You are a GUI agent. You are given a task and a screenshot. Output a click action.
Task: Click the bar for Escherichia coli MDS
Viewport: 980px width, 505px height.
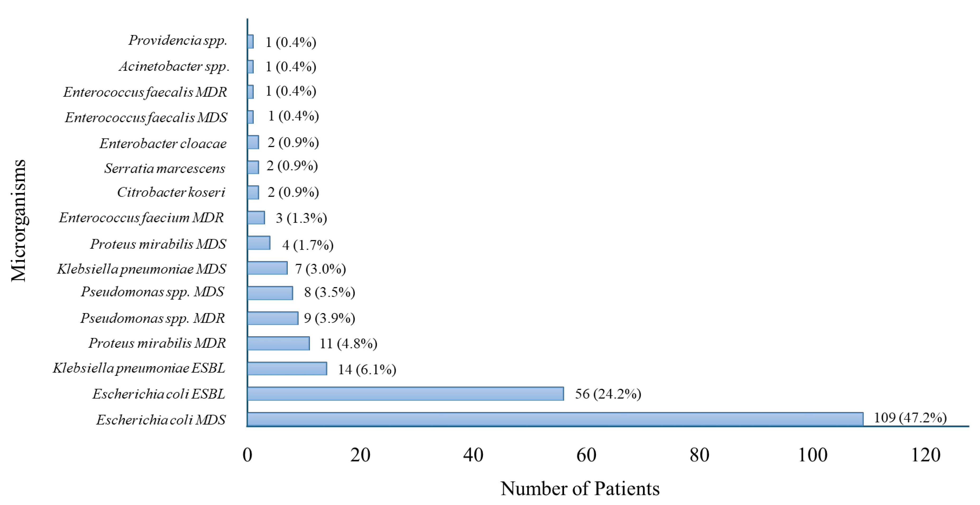coord(555,419)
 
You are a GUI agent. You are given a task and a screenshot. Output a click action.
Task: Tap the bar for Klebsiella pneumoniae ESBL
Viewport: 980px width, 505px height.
coord(287,368)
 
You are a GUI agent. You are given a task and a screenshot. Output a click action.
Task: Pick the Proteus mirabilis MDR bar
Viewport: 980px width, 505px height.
coord(278,343)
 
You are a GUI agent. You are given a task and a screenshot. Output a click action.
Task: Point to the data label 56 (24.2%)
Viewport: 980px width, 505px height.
coord(608,394)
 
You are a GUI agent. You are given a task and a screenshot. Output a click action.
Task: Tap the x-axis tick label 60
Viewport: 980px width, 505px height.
coord(586,455)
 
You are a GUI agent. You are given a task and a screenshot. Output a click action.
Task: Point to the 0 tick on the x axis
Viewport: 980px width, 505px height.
coord(247,455)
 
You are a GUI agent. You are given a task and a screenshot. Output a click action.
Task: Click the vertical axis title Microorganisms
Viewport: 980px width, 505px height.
coord(18,221)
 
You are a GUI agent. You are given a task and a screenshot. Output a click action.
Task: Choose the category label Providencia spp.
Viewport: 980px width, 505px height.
coord(178,40)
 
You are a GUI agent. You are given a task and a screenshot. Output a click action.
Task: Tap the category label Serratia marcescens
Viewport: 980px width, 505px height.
coord(165,168)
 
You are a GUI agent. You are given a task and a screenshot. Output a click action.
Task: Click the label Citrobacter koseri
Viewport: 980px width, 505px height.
coord(171,192)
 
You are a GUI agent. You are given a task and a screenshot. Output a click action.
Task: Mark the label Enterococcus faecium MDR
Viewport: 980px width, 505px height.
coord(141,218)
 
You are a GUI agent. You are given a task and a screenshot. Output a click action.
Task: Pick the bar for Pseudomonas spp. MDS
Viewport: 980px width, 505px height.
coord(270,293)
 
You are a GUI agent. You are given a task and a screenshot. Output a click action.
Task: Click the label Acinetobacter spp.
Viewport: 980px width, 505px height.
coord(174,67)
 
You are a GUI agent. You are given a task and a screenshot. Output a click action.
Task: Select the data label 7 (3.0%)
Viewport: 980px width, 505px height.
coord(320,269)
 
